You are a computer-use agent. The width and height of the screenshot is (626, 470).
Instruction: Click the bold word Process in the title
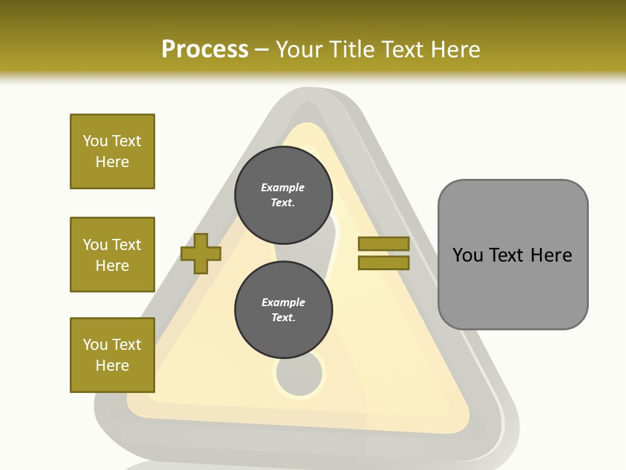205,50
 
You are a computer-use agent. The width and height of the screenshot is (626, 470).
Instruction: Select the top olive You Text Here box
112,151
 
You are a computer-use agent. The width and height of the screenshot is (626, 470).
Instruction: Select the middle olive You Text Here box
112,255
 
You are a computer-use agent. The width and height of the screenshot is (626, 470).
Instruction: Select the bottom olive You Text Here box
112,354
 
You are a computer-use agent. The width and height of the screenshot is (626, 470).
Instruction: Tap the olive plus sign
201,253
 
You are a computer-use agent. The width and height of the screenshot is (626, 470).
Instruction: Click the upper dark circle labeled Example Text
283,195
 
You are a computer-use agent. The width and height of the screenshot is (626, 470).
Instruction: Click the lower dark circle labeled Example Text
283,309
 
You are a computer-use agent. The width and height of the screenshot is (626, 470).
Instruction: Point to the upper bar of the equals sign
383,244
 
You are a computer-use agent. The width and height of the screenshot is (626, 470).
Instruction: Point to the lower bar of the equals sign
383,262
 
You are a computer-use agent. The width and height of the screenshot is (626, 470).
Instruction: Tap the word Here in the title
457,50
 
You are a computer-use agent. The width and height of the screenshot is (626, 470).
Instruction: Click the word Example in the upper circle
283,187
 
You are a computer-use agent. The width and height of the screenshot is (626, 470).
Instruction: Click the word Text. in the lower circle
283,318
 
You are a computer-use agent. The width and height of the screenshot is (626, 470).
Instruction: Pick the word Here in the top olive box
112,162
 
